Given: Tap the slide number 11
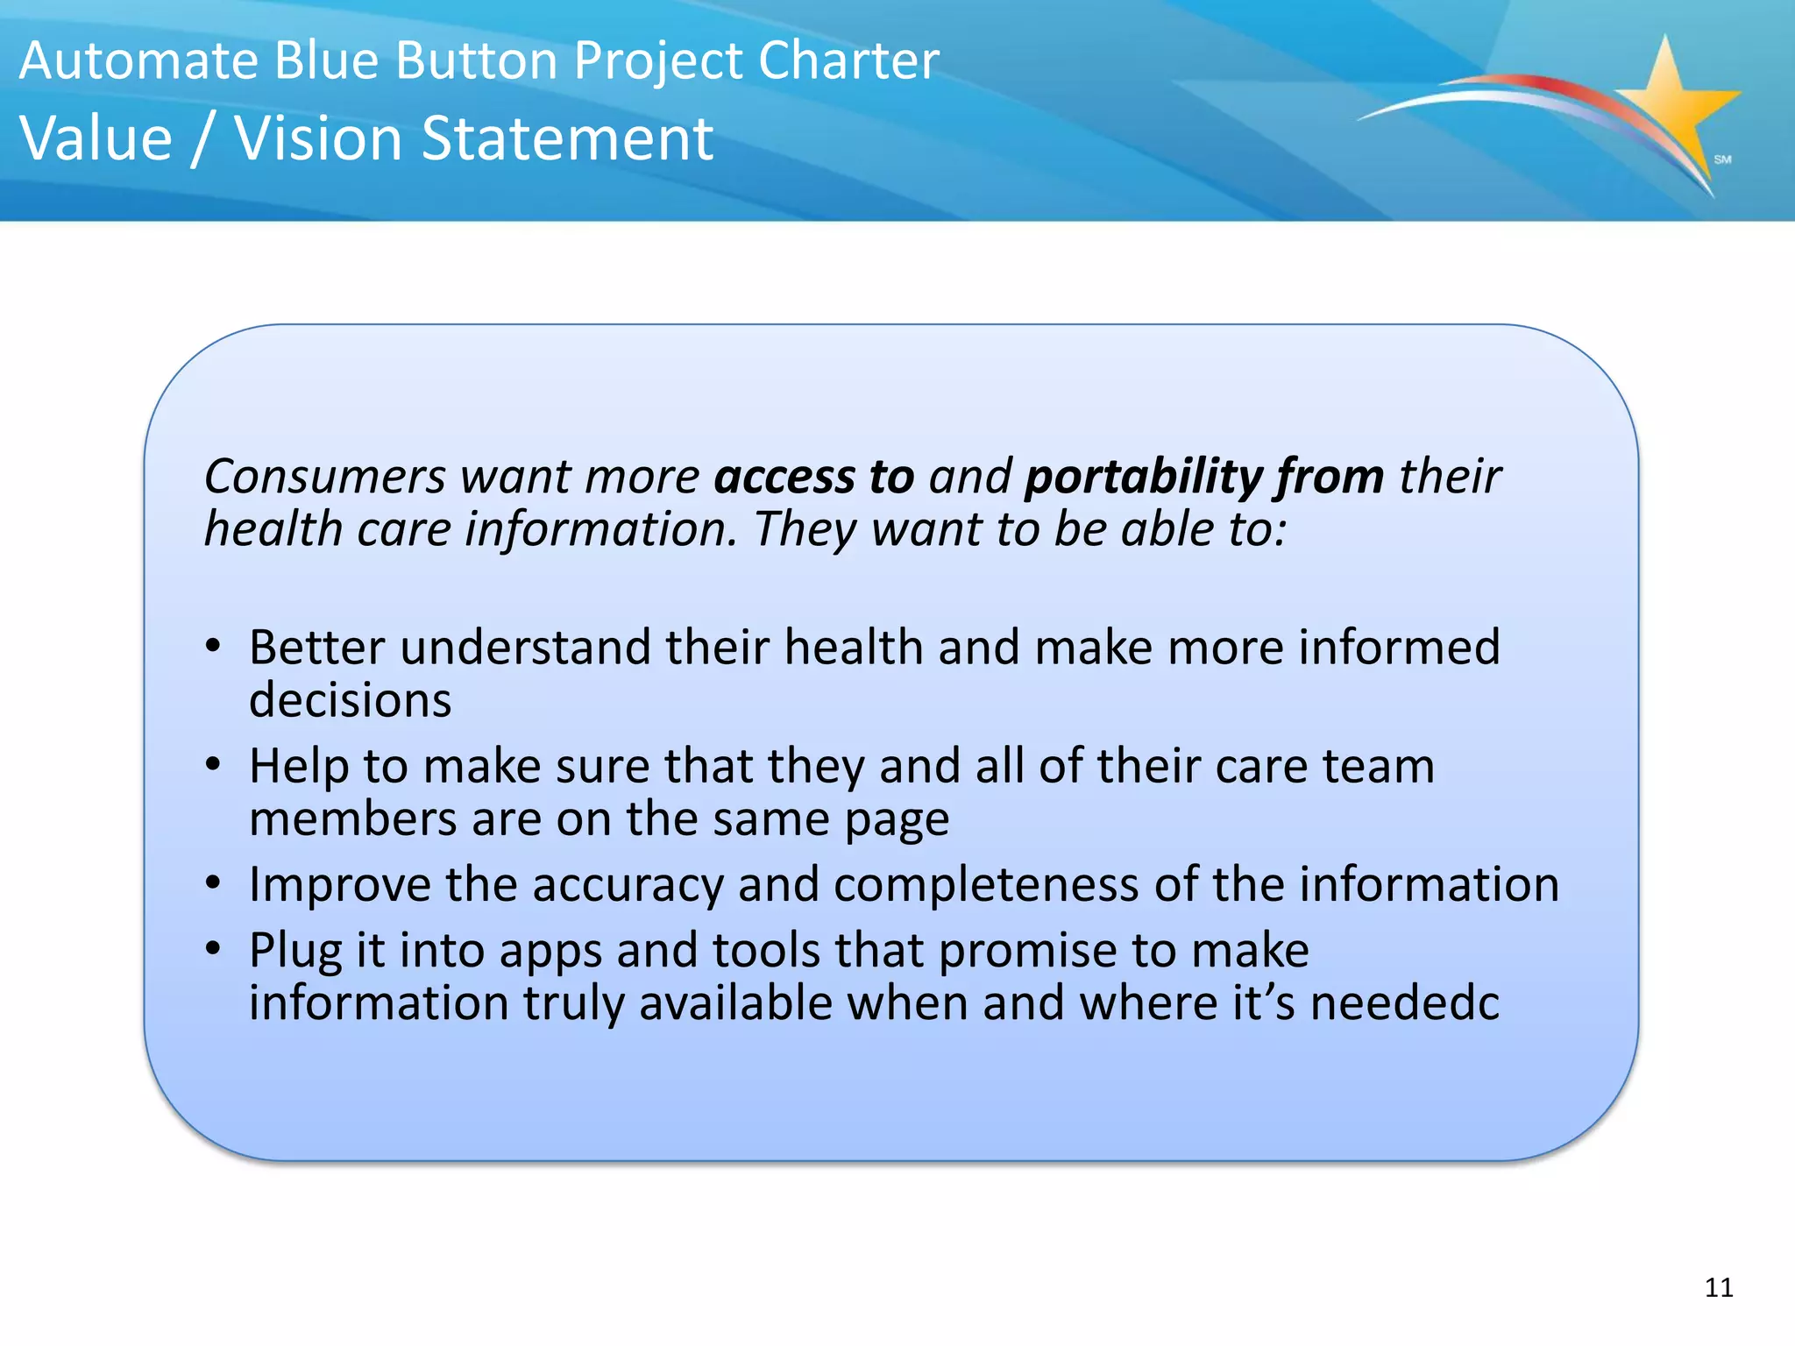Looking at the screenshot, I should pos(1719,1287).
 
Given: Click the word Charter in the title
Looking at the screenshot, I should pos(848,60).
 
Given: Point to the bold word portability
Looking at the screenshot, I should pos(1144,478).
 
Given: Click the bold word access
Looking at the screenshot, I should pos(784,477).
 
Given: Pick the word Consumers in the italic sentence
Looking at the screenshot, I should pos(325,478).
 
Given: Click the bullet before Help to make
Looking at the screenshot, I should pos(213,766).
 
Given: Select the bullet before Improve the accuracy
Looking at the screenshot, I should pos(213,884).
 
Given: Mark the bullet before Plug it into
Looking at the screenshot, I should pos(213,950).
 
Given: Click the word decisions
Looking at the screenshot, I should pos(350,700).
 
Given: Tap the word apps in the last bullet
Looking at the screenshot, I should pos(550,952).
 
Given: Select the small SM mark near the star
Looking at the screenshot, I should pos(1722,159).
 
